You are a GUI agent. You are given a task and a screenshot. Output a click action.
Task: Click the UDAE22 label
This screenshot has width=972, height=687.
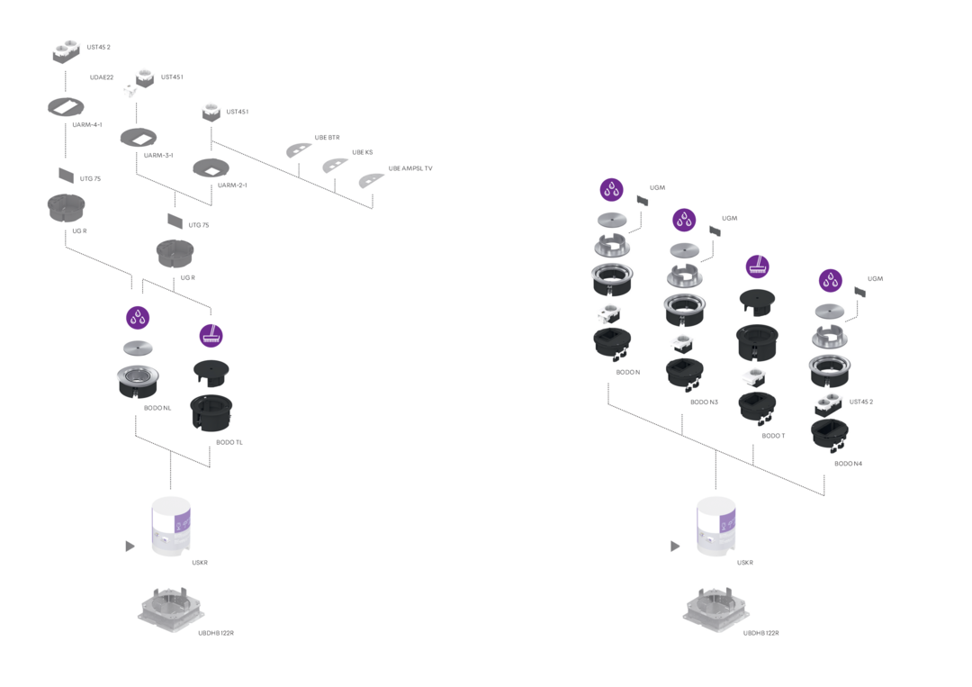click(x=102, y=77)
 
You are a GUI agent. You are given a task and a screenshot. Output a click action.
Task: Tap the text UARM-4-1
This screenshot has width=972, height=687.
click(x=87, y=124)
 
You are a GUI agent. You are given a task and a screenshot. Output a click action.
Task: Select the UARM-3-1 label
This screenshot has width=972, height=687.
click(x=158, y=155)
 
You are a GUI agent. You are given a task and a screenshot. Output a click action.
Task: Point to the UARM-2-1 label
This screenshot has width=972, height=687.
click(x=232, y=185)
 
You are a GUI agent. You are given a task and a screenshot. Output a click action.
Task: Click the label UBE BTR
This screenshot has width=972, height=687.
click(x=328, y=138)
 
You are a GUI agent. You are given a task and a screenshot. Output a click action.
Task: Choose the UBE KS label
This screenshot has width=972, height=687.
click(x=363, y=152)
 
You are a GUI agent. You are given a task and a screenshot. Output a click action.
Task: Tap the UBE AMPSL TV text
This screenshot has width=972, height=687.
click(x=410, y=168)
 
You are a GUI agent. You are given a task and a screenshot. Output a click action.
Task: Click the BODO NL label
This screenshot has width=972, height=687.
click(x=157, y=408)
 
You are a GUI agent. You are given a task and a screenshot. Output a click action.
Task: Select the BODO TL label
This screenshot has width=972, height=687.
click(x=229, y=442)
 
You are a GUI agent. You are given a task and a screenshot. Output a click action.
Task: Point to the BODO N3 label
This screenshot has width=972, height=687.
click(x=704, y=402)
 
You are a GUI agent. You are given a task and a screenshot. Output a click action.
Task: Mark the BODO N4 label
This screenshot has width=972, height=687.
click(x=848, y=463)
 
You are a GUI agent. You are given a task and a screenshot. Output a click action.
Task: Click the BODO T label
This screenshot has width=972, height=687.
click(x=773, y=435)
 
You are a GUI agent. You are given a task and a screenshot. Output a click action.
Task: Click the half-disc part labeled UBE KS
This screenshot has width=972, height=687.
click(x=335, y=166)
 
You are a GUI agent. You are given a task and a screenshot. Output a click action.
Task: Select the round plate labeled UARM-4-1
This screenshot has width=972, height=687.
click(x=66, y=107)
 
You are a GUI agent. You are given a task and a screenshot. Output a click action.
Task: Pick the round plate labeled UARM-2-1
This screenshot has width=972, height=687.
click(x=211, y=168)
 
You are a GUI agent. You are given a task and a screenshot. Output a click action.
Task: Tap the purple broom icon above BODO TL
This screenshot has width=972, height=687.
click(x=211, y=336)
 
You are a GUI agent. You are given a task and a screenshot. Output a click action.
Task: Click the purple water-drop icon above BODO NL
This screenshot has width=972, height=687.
click(x=138, y=318)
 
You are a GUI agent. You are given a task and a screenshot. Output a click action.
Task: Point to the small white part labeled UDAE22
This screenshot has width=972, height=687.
click(x=130, y=91)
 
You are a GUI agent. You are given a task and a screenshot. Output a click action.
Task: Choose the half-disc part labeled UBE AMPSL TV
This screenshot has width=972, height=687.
click(x=372, y=180)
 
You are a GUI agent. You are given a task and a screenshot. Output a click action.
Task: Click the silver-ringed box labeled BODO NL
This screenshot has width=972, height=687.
click(x=138, y=382)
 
